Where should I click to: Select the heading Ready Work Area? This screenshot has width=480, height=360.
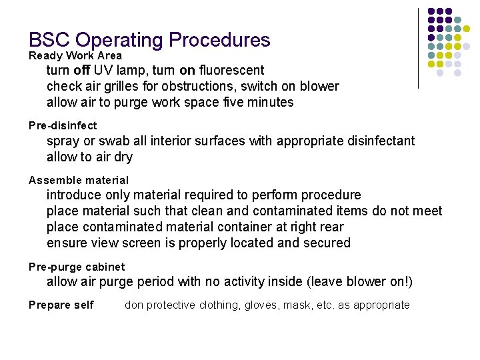tap(75, 56)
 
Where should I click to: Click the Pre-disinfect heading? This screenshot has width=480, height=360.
tap(63, 125)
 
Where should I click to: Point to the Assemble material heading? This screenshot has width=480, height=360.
tap(79, 180)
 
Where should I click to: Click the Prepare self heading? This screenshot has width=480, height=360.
tap(61, 305)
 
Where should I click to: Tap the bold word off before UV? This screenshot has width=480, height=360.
tap(82, 70)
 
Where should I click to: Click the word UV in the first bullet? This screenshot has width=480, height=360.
tap(103, 70)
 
